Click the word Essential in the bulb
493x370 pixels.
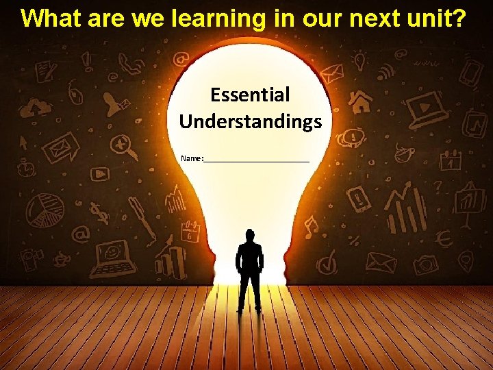point(250,95)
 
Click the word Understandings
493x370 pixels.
point(250,122)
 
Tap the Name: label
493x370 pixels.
point(192,158)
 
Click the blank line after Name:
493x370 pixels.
point(257,160)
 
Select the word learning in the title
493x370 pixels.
point(218,18)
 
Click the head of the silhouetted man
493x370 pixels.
point(250,235)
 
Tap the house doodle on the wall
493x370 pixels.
point(360,101)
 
